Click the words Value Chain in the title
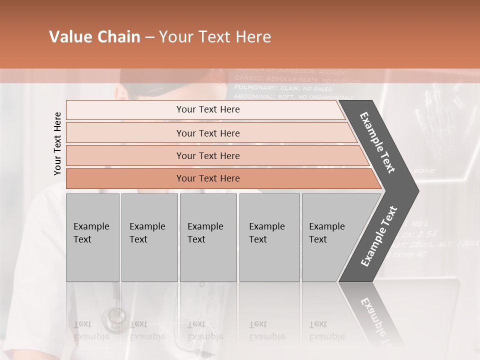tap(94, 37)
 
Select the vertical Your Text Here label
tap(57, 143)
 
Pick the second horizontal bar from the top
tap(207, 133)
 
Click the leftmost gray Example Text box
tap(92, 237)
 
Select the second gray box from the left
tap(149, 237)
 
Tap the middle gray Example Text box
tap(208, 237)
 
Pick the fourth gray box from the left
tap(269, 237)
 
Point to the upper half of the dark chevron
tap(378, 142)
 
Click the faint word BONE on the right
tap(424, 171)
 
